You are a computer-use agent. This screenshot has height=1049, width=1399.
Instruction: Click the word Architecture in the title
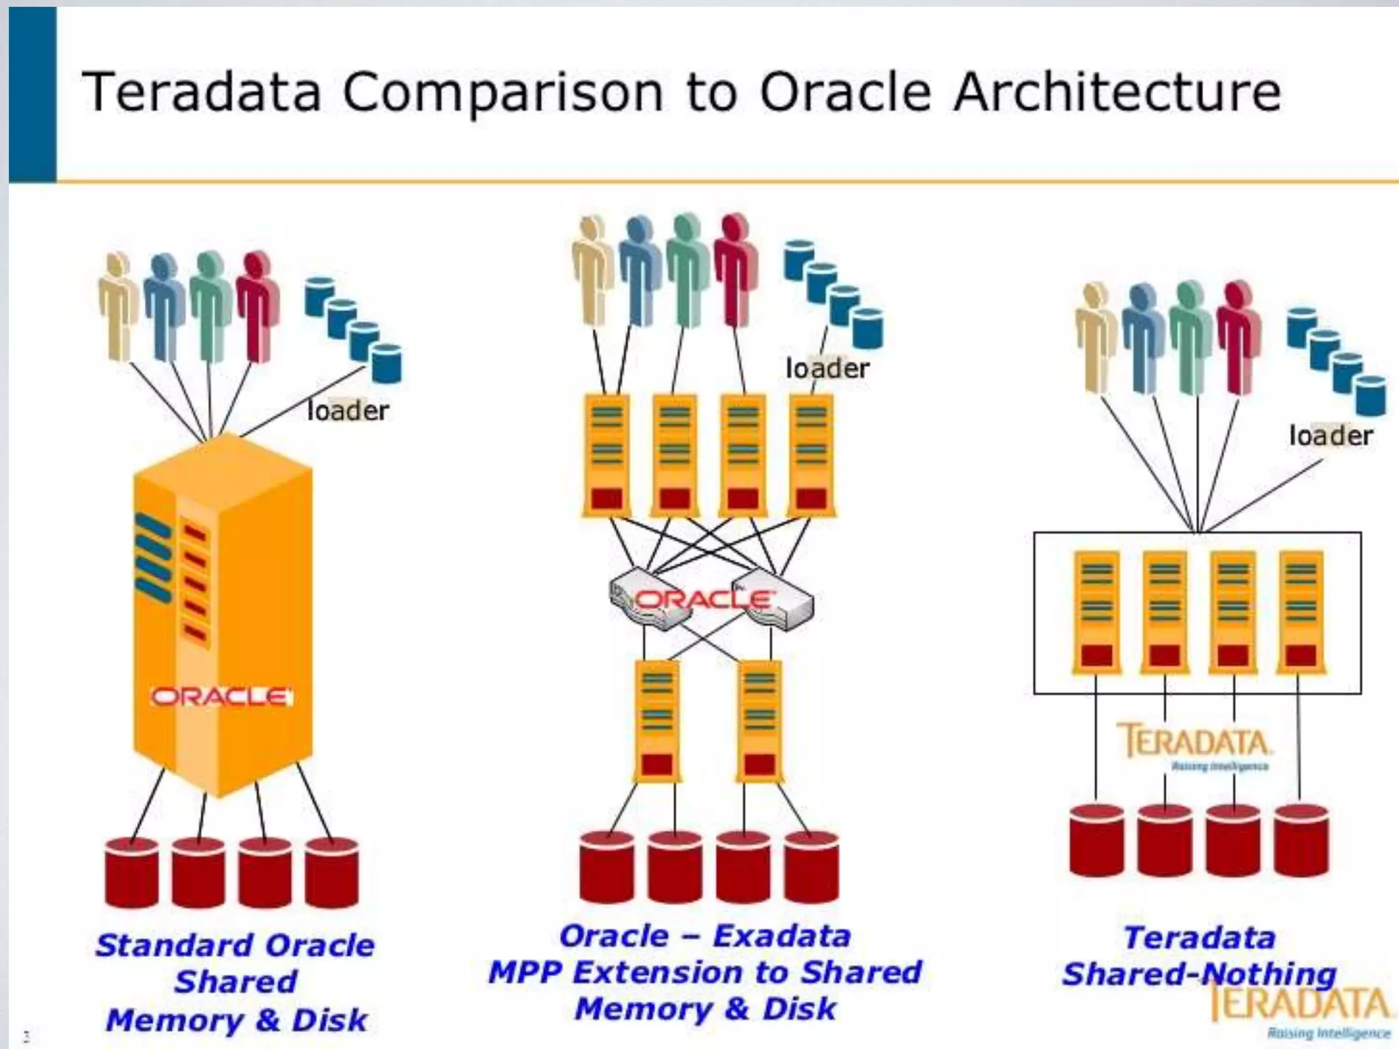[1117, 92]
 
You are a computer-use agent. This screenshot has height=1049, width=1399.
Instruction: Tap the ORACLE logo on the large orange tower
[221, 697]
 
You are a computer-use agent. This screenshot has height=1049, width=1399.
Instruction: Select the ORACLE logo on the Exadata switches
[704, 600]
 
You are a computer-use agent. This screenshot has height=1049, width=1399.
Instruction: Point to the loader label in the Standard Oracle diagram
[348, 410]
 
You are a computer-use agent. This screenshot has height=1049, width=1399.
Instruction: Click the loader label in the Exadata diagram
[827, 369]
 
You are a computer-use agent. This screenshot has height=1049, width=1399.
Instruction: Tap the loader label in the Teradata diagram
[1330, 436]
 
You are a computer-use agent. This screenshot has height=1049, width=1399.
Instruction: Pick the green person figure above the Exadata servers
[686, 270]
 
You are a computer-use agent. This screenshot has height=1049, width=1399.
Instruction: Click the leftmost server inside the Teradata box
[1096, 611]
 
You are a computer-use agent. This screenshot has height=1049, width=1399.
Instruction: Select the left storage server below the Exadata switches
[656, 721]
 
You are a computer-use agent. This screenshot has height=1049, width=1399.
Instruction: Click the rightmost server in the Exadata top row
[811, 454]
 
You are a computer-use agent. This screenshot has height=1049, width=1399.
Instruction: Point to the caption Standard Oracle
[235, 946]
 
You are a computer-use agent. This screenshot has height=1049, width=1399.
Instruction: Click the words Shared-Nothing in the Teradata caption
[1199, 974]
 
